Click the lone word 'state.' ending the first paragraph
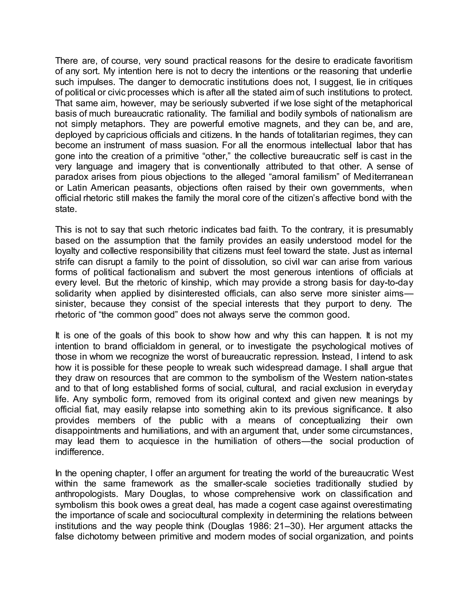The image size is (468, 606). click(66, 209)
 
